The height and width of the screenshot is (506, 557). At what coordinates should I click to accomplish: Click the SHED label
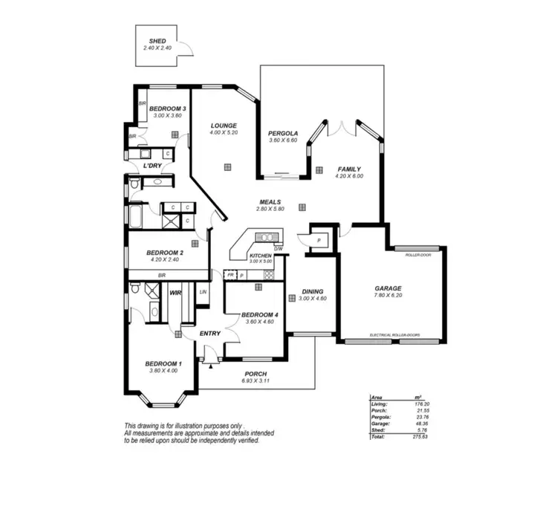(x=157, y=42)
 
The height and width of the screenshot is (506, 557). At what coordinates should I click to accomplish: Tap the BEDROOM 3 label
(x=167, y=109)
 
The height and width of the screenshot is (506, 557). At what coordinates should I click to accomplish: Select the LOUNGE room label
(x=224, y=126)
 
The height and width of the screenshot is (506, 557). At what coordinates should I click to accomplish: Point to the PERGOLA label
(x=283, y=134)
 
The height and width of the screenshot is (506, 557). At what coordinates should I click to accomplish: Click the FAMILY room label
(x=349, y=169)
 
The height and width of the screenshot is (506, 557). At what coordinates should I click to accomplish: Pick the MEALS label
(x=270, y=202)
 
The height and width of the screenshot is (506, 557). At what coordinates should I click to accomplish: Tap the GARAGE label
(x=388, y=288)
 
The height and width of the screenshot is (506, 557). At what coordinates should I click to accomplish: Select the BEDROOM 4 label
(x=259, y=315)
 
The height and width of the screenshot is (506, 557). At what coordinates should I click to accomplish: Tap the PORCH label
(x=254, y=374)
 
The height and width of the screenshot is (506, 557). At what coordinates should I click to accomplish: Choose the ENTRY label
(x=210, y=334)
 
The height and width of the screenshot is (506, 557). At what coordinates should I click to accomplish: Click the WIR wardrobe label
(x=176, y=293)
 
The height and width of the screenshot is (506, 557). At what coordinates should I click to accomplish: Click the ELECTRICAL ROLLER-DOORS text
(x=394, y=335)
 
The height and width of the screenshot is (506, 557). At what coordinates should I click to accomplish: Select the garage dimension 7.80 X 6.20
(x=388, y=296)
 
